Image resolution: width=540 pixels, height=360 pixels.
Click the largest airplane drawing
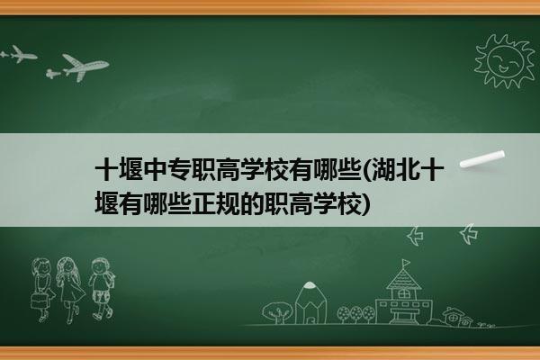(x=85, y=67)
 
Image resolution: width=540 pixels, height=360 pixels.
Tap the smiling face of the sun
(x=505, y=62)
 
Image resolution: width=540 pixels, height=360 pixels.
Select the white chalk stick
(x=482, y=159)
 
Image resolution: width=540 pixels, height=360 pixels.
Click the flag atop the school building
(x=407, y=263)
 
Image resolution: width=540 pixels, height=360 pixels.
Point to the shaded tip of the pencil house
(x=310, y=285)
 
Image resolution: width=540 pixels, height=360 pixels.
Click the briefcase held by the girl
(x=39, y=301)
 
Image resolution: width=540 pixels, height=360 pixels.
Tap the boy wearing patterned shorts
(x=101, y=289)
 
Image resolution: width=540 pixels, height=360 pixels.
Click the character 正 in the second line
(x=204, y=204)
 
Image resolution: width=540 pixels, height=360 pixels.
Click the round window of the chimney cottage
(x=454, y=316)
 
